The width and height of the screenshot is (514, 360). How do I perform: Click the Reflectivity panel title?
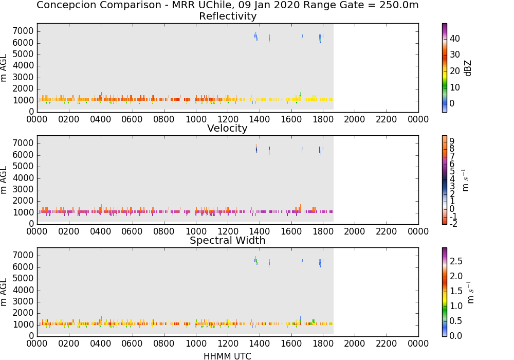click(228, 16)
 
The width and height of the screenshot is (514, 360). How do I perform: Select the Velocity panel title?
click(227, 128)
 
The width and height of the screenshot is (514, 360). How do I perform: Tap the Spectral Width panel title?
click(228, 240)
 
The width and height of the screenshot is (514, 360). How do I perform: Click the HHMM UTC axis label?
click(227, 356)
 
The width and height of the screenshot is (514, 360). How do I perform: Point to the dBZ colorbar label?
click(468, 68)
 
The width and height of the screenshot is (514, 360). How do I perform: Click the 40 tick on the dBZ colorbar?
click(455, 39)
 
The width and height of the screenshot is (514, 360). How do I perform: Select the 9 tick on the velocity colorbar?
click(452, 141)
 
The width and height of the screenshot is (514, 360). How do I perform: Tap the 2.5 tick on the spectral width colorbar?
click(456, 261)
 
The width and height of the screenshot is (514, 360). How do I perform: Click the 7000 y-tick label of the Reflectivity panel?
click(23, 31)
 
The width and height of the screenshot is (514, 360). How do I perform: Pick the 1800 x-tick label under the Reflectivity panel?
click(323, 119)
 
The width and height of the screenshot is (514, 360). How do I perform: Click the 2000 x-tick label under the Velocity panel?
click(354, 231)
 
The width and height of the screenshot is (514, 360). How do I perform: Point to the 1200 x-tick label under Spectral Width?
click(228, 344)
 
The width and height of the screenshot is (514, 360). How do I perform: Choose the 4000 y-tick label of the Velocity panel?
click(23, 178)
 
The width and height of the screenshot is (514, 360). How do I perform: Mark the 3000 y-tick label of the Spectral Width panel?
click(23, 302)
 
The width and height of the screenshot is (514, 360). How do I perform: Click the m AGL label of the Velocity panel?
click(4, 180)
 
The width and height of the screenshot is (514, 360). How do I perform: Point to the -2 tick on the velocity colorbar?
click(453, 224)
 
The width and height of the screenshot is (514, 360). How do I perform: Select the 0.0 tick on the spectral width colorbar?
click(456, 335)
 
